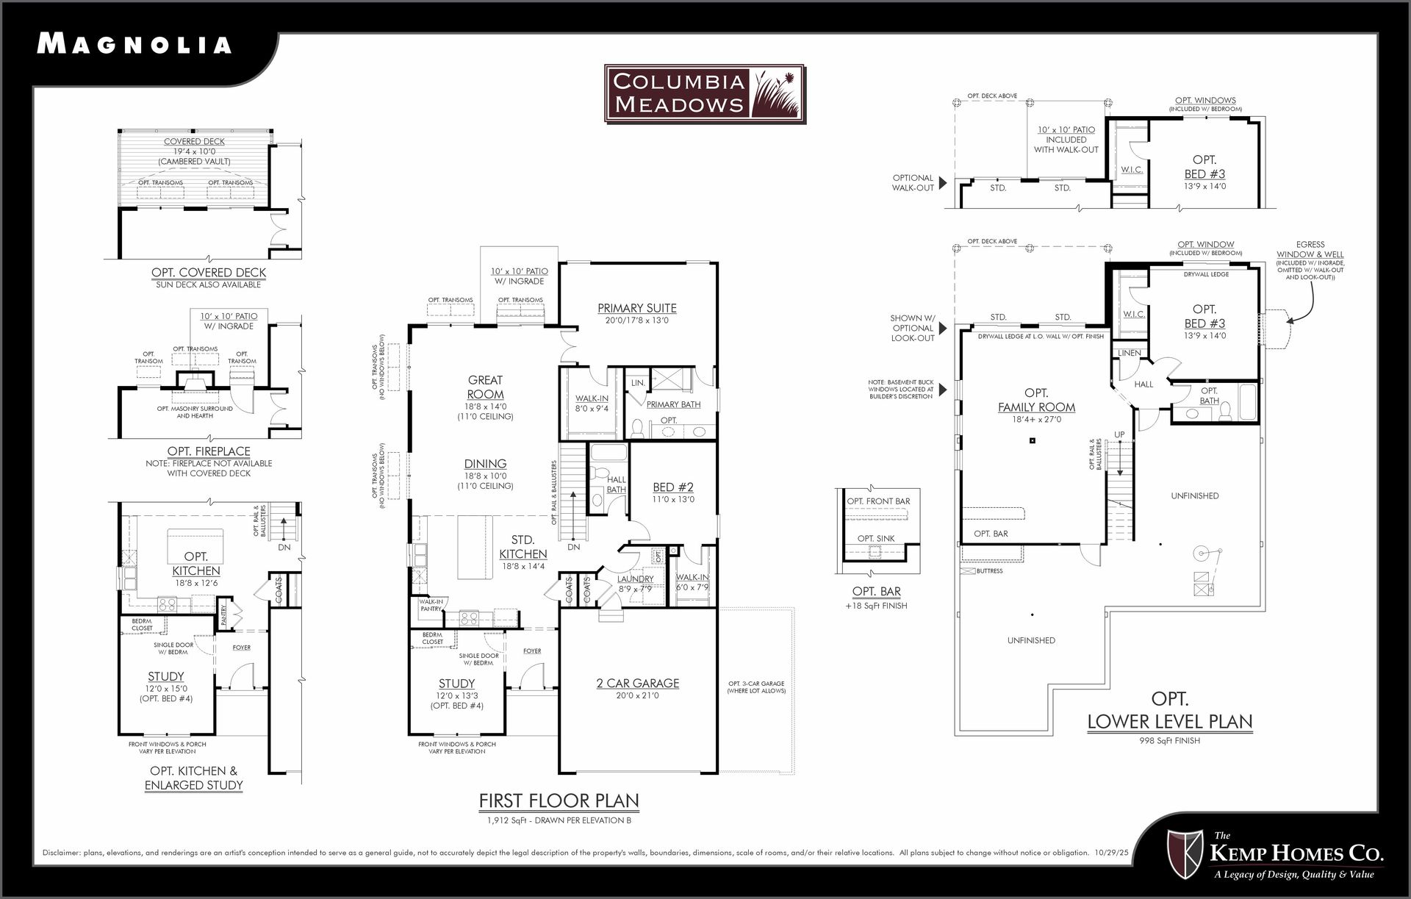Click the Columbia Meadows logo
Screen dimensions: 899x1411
point(705,93)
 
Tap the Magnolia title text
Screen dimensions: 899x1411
point(134,44)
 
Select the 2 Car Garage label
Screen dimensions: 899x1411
point(637,684)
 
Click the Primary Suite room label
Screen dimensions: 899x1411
point(636,308)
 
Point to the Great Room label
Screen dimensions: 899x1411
point(485,387)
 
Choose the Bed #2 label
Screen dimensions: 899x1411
point(673,487)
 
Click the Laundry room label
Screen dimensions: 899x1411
point(635,579)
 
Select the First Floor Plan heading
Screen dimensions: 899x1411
point(559,800)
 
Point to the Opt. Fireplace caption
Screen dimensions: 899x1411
point(209,451)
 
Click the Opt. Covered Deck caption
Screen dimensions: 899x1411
point(209,273)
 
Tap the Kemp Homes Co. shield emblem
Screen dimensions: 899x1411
point(1185,854)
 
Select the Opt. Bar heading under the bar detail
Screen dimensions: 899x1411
point(876,592)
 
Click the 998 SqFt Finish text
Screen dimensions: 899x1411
point(1169,741)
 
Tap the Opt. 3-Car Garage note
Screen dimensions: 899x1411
point(756,687)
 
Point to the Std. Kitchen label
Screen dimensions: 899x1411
point(523,547)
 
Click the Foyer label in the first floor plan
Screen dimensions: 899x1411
point(532,651)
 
